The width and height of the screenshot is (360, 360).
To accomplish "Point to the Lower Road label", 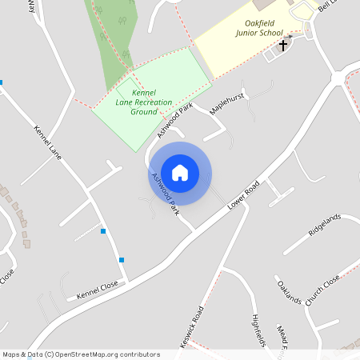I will point(244,194).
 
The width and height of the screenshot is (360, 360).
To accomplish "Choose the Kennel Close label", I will point(97,290).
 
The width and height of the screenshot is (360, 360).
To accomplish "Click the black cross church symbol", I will point(282,45).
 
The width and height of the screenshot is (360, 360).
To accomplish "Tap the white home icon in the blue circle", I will point(180,172).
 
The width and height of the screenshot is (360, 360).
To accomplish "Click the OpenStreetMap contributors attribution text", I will point(80,354).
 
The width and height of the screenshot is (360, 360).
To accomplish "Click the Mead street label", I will point(282,334).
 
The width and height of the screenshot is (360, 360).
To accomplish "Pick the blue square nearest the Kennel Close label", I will point(122,259).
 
